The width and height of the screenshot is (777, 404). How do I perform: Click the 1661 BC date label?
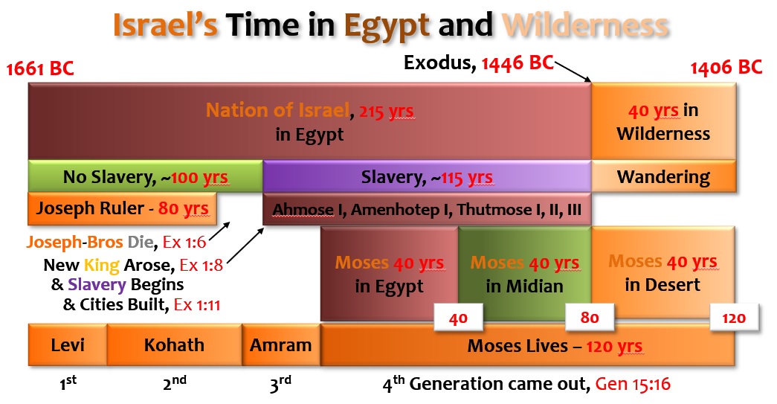39,68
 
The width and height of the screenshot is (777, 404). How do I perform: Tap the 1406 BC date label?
726,67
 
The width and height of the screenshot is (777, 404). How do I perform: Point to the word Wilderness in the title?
584,25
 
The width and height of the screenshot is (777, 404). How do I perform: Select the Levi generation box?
68,345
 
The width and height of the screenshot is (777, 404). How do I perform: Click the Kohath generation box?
174,345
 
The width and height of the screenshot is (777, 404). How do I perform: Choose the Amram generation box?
281,345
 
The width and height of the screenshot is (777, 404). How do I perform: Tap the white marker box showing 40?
458,318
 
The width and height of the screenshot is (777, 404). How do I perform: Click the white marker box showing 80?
590,317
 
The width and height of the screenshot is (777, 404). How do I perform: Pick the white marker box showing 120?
734,318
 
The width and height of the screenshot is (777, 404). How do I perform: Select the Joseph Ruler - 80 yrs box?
122,208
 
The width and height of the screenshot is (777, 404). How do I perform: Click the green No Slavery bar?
146,176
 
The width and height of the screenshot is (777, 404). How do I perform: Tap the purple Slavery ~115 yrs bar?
427,176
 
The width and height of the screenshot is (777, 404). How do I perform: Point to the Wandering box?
663,176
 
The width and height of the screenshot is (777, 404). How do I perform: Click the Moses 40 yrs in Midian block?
525,274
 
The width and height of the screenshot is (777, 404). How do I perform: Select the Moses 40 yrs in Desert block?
663,272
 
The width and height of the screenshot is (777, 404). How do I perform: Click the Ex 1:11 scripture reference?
197,304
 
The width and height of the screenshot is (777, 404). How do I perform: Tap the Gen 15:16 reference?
633,384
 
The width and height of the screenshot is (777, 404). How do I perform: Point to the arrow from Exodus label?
573,72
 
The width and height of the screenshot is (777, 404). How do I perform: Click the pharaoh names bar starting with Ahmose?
427,209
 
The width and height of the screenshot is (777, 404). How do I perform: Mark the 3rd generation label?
280,384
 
